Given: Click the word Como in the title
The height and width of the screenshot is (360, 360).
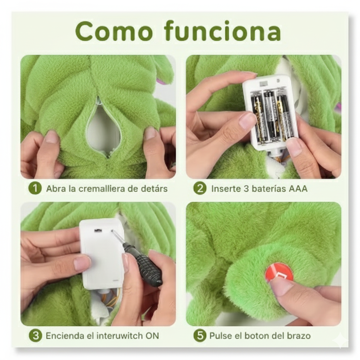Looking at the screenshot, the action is tap(114, 31).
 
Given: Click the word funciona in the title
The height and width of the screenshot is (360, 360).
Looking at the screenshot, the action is tap(223, 31).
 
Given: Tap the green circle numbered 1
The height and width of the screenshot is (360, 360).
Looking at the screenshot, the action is tap(35, 188).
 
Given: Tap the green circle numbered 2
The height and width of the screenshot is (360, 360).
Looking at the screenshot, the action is tap(200, 188).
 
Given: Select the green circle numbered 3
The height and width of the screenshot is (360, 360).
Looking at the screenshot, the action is tap(36, 336).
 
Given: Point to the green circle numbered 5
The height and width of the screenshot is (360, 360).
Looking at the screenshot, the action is tap(200, 336).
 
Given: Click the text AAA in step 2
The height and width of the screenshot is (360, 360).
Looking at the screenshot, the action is tap(298, 189).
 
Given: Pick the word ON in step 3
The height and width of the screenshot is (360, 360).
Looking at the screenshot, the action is tap(152, 336).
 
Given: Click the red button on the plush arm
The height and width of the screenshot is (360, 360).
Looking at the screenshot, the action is tap(278, 272).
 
